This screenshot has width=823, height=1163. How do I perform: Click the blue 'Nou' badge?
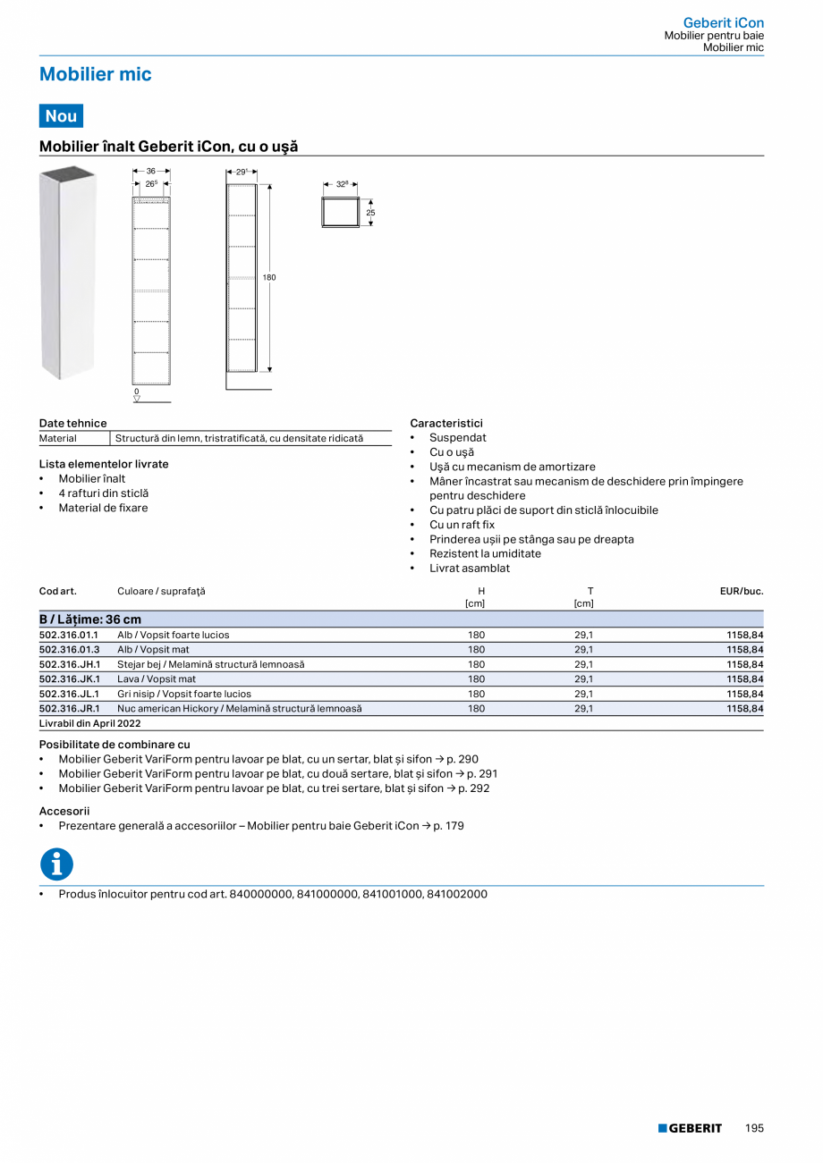[61, 115]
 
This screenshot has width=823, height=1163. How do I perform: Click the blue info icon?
[56, 864]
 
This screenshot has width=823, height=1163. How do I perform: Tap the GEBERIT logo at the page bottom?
[690, 1128]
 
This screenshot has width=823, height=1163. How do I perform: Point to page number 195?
[754, 1128]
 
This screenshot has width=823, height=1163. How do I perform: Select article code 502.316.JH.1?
[70, 664]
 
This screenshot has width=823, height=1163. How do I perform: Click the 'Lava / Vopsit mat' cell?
[157, 679]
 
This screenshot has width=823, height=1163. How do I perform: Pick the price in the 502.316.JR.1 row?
[744, 708]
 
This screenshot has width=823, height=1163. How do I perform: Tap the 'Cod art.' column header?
[57, 591]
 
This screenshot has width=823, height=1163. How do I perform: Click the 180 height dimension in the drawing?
[269, 278]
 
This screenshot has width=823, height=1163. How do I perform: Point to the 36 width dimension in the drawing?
[151, 170]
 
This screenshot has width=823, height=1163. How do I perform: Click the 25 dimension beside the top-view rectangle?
[370, 213]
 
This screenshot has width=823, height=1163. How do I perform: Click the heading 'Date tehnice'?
[72, 423]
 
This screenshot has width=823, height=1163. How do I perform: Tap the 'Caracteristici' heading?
[445, 423]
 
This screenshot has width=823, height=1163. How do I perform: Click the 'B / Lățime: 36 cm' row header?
[90, 619]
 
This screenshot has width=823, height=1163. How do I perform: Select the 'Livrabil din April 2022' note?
[89, 723]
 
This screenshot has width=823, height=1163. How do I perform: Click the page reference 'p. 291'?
[482, 774]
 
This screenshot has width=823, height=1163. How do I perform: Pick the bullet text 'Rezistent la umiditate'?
[485, 553]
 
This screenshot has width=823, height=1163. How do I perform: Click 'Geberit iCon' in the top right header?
[723, 22]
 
